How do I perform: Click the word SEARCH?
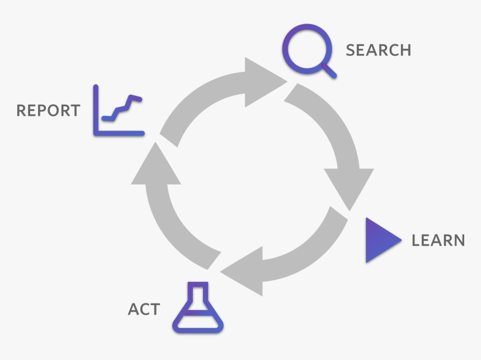(x=378, y=50)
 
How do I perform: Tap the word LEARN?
(x=438, y=240)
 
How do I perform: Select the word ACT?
(x=144, y=309)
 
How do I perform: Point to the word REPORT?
(x=48, y=110)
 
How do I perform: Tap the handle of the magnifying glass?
(x=329, y=71)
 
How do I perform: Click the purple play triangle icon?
(x=380, y=240)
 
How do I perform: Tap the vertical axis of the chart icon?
(x=96, y=109)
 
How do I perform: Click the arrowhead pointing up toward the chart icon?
(x=155, y=165)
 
